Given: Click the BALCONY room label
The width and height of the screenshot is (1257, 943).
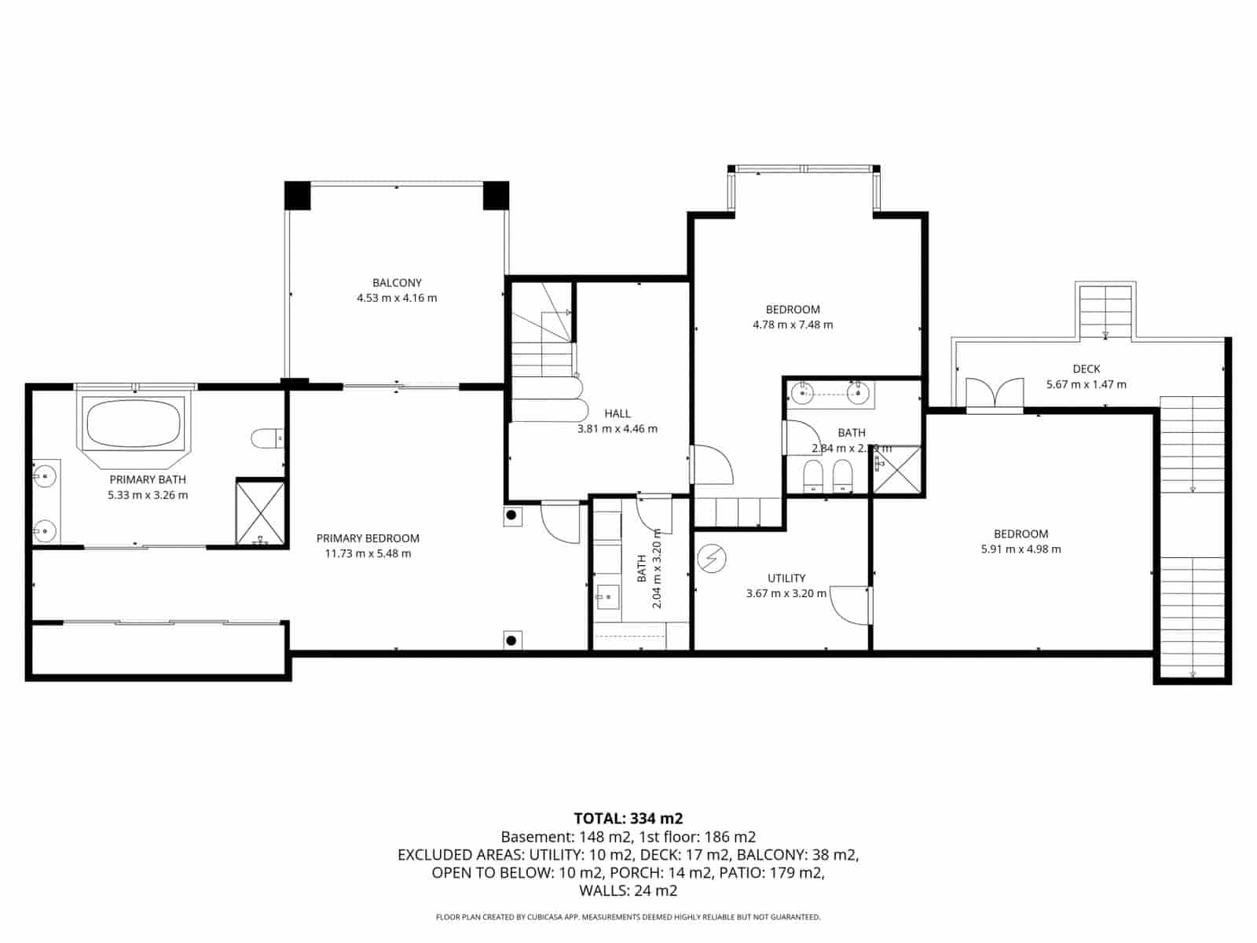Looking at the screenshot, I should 397,283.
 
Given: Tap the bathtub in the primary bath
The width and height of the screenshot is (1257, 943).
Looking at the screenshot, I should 134,424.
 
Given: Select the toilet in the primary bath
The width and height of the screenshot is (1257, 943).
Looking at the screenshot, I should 266,438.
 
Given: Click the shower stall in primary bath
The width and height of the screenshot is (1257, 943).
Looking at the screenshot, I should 261,512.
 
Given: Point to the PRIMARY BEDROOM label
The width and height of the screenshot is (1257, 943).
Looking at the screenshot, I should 368,538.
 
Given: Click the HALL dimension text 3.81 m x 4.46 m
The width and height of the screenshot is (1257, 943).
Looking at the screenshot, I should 618,429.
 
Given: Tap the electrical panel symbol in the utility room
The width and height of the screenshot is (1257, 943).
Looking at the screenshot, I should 712,559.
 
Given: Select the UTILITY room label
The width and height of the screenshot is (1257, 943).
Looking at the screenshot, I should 786,578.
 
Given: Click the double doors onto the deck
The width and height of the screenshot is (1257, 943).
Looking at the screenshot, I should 995,394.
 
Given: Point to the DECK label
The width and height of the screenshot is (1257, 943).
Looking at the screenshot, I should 1087,369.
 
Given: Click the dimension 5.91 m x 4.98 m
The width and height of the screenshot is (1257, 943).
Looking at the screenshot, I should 1021,549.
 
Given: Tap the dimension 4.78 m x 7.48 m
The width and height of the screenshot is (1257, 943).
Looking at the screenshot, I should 793,325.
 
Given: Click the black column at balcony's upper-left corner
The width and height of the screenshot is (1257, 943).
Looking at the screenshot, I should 298,196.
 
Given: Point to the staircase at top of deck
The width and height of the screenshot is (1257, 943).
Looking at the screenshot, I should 1105,312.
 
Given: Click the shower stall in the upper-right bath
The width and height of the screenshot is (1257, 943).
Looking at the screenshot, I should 897,470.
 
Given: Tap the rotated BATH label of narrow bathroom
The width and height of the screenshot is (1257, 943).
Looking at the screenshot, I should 642,568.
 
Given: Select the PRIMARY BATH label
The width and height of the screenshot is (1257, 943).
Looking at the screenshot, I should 148,479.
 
